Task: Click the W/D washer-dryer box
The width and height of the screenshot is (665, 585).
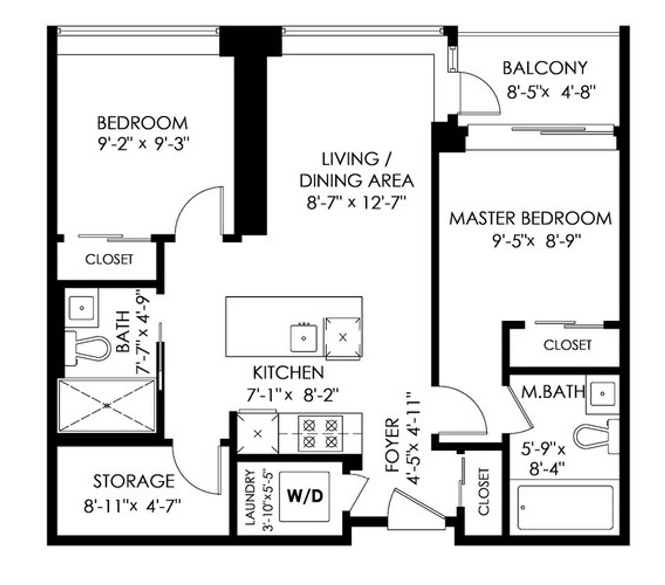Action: [x=304, y=496]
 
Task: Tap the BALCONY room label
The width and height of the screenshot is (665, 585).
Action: [x=544, y=68]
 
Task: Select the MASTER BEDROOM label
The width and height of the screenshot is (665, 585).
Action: [x=530, y=219]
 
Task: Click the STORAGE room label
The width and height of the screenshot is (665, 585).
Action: [x=134, y=481]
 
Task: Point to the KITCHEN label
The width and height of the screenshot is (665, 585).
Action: [x=288, y=373]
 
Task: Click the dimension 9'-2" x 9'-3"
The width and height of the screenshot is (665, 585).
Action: [x=144, y=144]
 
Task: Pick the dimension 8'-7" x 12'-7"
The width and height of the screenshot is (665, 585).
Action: [x=356, y=202]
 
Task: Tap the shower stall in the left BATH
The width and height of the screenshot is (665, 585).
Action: [x=107, y=405]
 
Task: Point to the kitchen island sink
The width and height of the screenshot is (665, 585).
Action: [x=303, y=337]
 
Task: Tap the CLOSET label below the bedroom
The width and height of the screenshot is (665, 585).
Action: [x=109, y=260]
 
